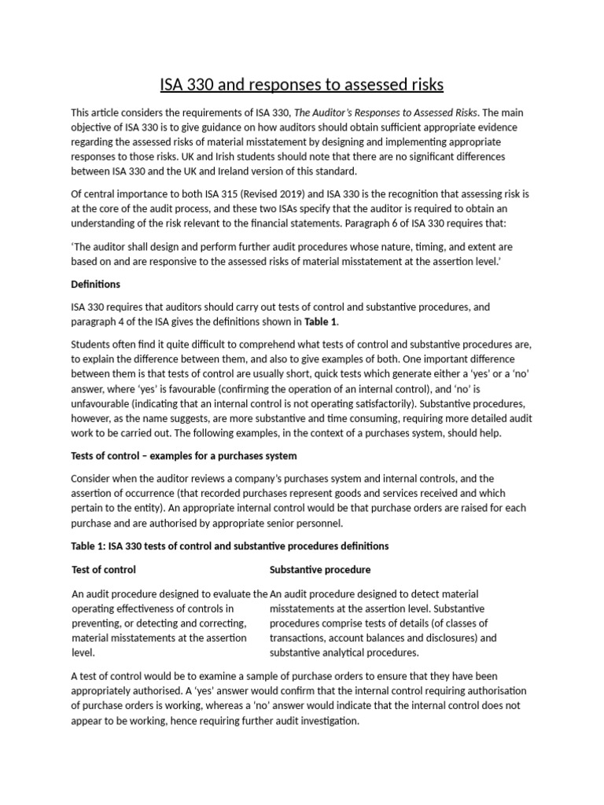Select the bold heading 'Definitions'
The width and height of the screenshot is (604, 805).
pyautogui.click(x=96, y=284)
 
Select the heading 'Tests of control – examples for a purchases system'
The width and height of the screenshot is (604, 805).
pyautogui.click(x=184, y=455)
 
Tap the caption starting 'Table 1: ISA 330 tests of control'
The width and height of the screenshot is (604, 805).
pyautogui.click(x=230, y=546)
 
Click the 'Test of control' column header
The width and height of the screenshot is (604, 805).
pyautogui.click(x=104, y=569)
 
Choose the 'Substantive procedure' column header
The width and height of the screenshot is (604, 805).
pyautogui.click(x=320, y=569)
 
